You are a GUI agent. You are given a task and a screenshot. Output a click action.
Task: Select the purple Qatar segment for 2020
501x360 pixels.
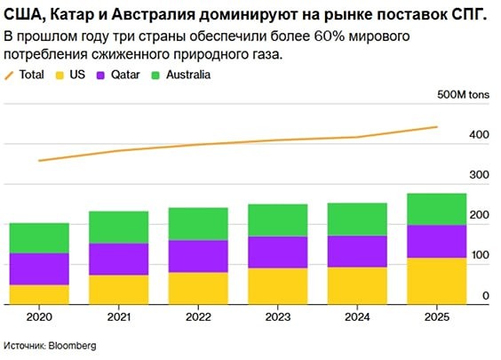39,268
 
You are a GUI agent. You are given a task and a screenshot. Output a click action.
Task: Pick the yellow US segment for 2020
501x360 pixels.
39,294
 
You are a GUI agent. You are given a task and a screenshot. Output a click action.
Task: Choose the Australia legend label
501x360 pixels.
188,75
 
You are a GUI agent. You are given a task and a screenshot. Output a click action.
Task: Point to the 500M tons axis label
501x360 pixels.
464,95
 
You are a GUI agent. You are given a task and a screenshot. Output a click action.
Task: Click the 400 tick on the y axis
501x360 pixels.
479,135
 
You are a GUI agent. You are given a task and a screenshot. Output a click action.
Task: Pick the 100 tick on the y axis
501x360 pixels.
479,255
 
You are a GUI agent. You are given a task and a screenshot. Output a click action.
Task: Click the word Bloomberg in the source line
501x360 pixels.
74,345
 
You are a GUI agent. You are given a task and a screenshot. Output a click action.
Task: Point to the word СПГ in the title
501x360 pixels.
474,16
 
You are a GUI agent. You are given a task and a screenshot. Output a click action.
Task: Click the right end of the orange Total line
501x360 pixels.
437,126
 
